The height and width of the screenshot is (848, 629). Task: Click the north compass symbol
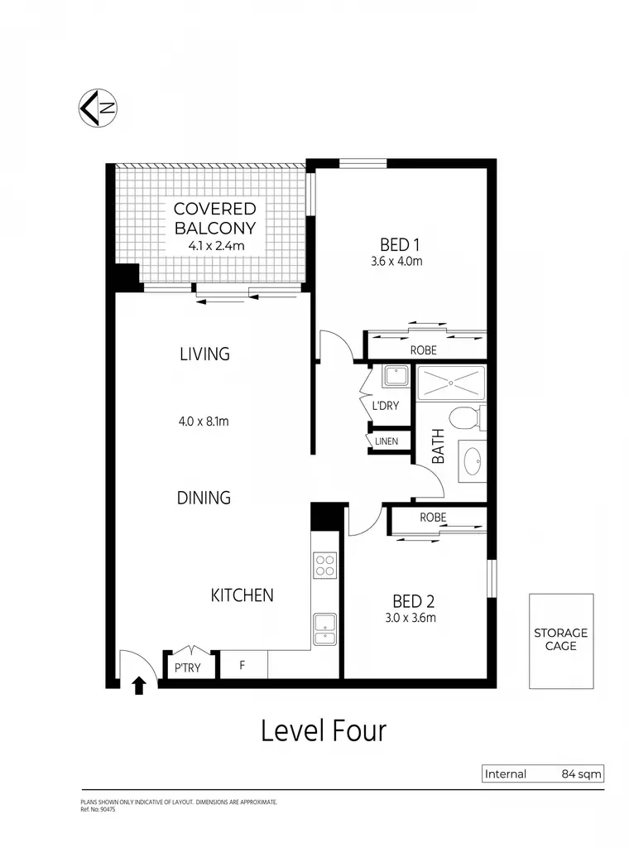point(98,108)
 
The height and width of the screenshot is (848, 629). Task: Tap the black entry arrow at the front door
point(139,685)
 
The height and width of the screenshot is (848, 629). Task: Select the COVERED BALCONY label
point(215,218)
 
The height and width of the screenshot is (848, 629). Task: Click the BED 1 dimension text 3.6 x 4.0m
point(396,261)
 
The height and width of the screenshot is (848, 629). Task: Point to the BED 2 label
point(413,601)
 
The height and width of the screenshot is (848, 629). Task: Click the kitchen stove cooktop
point(325,566)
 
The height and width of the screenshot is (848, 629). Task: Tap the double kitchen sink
point(324,629)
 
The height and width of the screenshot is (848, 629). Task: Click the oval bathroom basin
point(472,460)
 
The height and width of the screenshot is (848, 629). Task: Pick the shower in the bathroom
point(451,383)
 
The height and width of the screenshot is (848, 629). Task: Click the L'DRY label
point(386,406)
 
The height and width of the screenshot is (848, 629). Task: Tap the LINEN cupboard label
point(387,441)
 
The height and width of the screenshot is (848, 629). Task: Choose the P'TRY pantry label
point(188,668)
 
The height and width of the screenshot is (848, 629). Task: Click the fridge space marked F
point(242,665)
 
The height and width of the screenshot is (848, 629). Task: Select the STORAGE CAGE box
point(561,641)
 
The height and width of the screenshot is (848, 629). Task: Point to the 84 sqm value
point(582,774)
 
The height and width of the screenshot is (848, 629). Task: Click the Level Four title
point(324,730)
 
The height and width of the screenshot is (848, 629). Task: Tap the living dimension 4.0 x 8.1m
point(204,422)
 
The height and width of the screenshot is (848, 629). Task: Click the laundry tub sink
point(396,376)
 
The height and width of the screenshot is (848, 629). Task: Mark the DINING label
point(204,498)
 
